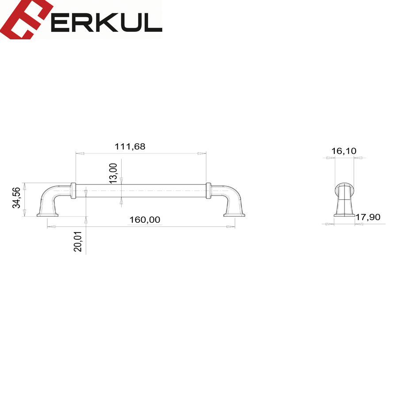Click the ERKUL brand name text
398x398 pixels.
[x=107, y=22]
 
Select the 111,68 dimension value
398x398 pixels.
[x=130, y=146]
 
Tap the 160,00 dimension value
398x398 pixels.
[x=145, y=219]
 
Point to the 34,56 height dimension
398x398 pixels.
[x=16, y=198]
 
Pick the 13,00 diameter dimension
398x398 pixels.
[x=113, y=173]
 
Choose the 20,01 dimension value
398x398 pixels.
[x=78, y=241]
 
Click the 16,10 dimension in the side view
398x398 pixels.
[x=344, y=151]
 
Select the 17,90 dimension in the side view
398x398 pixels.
[x=368, y=217]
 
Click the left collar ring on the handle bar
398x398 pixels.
[x=73, y=191]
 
